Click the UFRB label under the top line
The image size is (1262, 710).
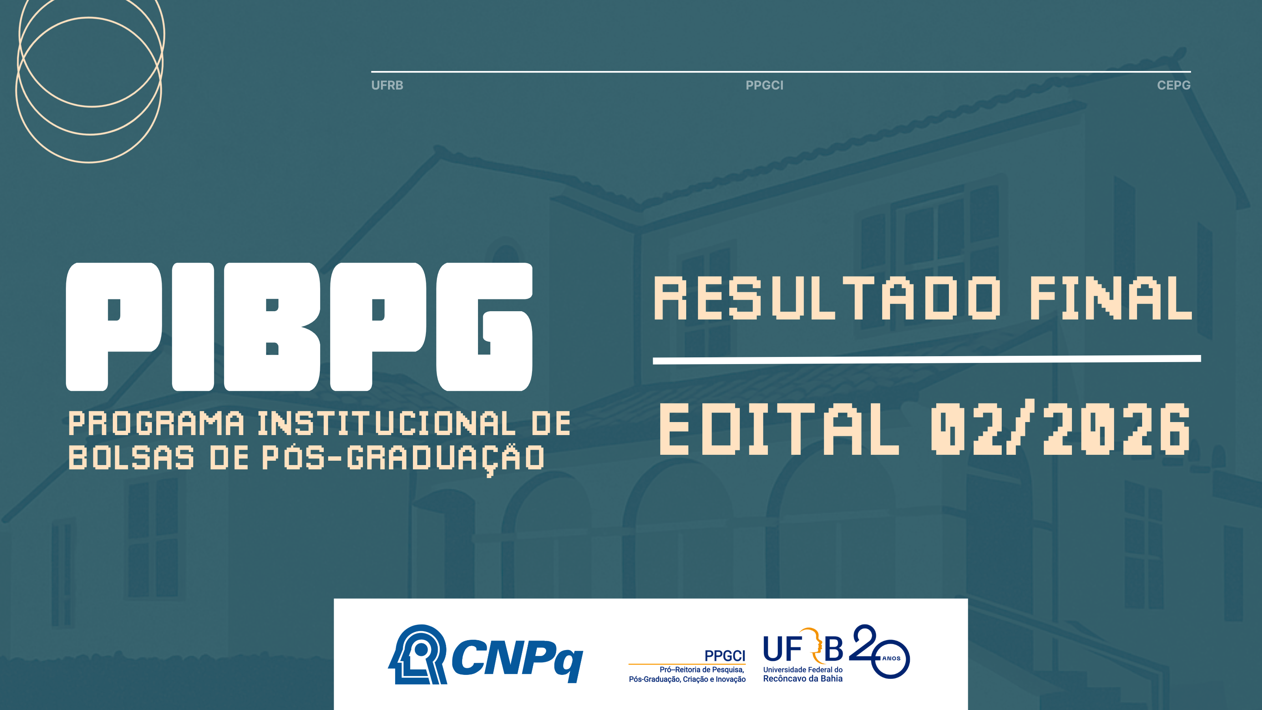pos(387,85)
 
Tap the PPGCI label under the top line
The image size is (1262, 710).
pos(764,85)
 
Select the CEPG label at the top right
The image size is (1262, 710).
pos(1173,85)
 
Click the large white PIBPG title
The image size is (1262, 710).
pos(299,327)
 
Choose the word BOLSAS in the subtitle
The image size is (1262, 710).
pos(131,457)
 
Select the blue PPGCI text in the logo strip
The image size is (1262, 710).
pos(724,656)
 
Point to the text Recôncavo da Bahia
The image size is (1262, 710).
pos(803,678)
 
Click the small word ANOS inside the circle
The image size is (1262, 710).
pos(891,659)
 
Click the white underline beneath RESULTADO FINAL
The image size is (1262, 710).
pos(927,360)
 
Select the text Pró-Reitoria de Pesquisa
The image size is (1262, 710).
pos(702,670)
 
